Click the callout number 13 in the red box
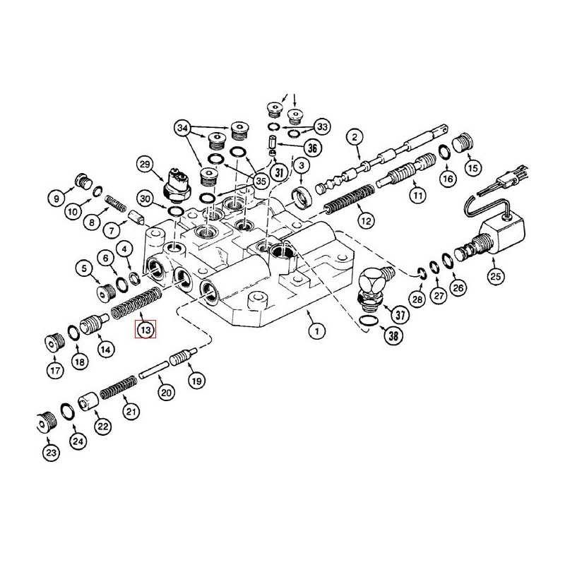tap(145, 329)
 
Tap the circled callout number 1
tap(317, 330)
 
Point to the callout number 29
tap(145, 165)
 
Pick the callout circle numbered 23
tap(50, 453)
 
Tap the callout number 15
tap(472, 168)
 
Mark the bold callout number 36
tap(313, 148)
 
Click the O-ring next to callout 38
tap(367, 322)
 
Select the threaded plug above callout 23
tap(47, 422)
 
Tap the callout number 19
tap(197, 380)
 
